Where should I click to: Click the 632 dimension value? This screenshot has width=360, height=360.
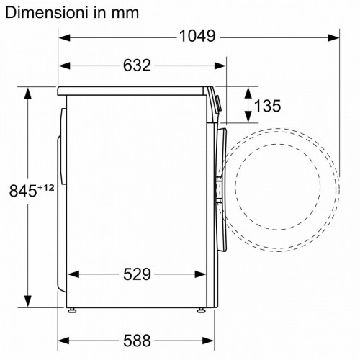click(x=136, y=66)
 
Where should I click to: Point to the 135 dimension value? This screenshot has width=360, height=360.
click(x=267, y=107)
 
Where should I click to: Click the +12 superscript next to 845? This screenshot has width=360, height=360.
click(x=46, y=187)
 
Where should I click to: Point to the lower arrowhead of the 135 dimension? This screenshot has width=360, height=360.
click(x=247, y=118)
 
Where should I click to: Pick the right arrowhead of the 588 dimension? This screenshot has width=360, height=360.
click(x=211, y=339)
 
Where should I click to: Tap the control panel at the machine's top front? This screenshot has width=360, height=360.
click(x=214, y=101)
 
